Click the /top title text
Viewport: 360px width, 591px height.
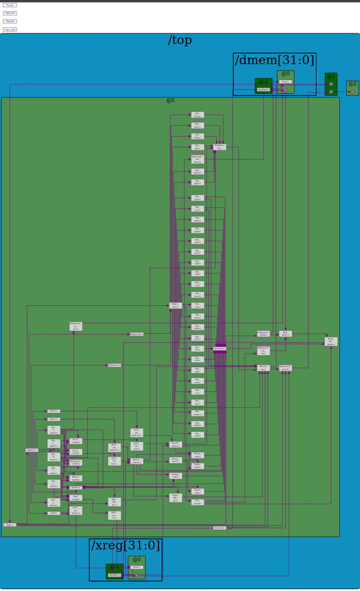(x=180, y=40)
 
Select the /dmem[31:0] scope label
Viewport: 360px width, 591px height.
(x=274, y=60)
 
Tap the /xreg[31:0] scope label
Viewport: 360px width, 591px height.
(x=125, y=545)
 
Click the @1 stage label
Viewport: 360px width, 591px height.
(x=331, y=76)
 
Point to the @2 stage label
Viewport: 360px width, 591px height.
(x=352, y=84)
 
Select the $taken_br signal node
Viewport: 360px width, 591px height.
(x=220, y=146)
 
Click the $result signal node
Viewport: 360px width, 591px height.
(x=220, y=349)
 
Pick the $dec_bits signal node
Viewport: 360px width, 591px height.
(x=176, y=305)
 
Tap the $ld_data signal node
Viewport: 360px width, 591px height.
(x=285, y=334)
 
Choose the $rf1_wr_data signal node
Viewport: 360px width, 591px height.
(x=331, y=341)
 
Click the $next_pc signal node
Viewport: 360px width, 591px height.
(x=264, y=368)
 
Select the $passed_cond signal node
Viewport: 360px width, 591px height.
(x=285, y=368)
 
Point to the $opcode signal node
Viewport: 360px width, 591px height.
(x=136, y=334)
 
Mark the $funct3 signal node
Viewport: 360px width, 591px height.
(x=115, y=365)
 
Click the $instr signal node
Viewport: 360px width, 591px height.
(x=32, y=450)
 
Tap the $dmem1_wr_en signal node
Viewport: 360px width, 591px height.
(x=76, y=326)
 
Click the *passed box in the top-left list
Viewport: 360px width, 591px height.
(x=10, y=13)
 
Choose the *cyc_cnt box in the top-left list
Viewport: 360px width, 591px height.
(x=10, y=29)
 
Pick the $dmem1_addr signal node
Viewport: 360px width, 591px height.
(x=263, y=334)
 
